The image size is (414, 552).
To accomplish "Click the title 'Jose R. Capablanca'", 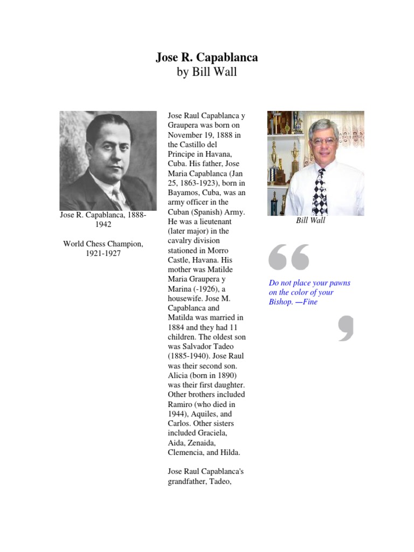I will click(207, 57).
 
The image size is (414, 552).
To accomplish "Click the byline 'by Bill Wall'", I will click(207, 72).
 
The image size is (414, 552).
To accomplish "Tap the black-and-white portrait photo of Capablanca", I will click(108, 161).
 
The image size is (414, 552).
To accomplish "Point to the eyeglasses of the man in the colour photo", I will click(323, 141).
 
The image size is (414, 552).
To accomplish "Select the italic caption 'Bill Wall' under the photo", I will click(310, 220).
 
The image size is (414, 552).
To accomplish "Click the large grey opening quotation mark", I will click(289, 257).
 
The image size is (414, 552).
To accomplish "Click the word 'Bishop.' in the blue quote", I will click(281, 302).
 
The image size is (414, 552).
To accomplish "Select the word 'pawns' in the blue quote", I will click(340, 283).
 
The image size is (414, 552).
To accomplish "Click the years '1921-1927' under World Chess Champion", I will click(103, 253).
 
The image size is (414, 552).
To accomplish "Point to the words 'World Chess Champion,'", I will click(103, 244).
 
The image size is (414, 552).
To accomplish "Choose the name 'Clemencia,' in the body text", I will click(189, 453).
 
